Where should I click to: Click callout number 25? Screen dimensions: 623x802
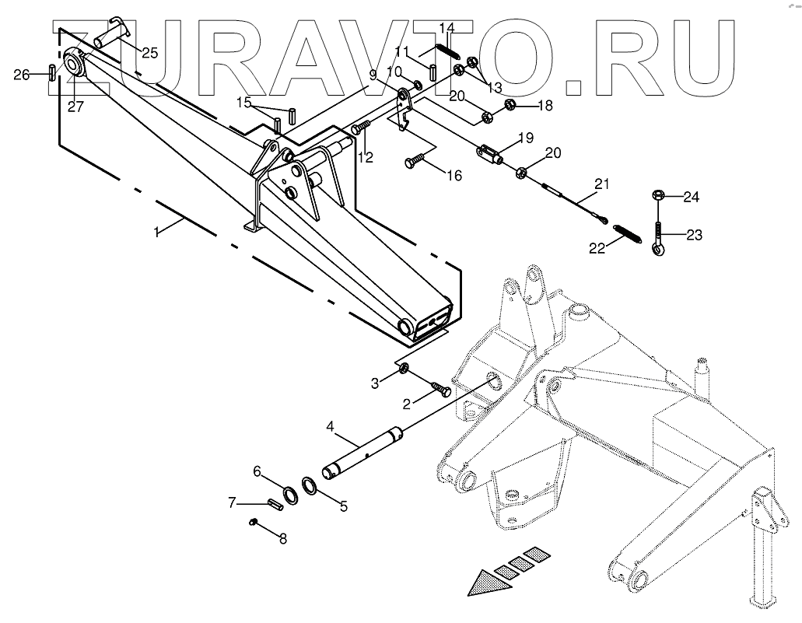pos(149,53)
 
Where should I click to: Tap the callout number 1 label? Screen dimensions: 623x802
pos(156,232)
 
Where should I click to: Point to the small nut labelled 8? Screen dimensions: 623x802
pos(253,523)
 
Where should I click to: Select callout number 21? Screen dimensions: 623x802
pos(601,184)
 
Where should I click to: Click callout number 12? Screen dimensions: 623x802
pos(366,157)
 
